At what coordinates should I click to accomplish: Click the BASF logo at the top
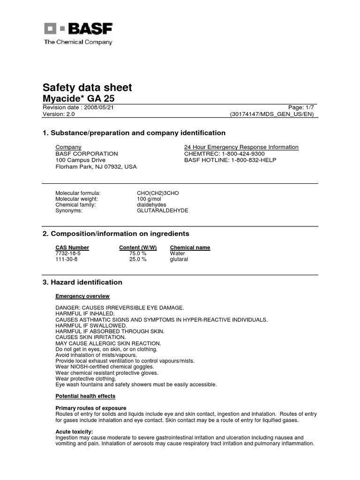(x=79, y=29)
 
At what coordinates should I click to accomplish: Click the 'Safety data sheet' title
(x=87, y=88)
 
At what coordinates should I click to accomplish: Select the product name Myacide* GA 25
(x=78, y=98)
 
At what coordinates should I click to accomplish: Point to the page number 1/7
(x=308, y=107)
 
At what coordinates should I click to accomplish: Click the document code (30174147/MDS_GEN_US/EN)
(x=272, y=114)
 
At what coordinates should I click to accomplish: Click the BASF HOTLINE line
(x=231, y=160)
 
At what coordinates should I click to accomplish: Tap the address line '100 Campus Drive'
(x=81, y=160)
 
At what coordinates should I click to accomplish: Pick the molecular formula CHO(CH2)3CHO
(x=158, y=193)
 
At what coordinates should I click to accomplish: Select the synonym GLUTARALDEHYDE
(x=162, y=210)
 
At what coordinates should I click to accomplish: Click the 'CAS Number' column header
(x=72, y=247)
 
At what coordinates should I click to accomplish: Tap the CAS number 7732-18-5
(x=68, y=253)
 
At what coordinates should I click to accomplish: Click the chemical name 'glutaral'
(x=179, y=259)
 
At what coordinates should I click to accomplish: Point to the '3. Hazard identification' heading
(x=82, y=282)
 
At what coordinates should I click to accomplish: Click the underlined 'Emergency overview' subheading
(x=82, y=296)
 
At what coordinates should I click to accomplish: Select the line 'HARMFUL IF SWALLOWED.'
(x=91, y=325)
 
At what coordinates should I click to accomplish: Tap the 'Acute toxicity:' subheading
(x=74, y=432)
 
